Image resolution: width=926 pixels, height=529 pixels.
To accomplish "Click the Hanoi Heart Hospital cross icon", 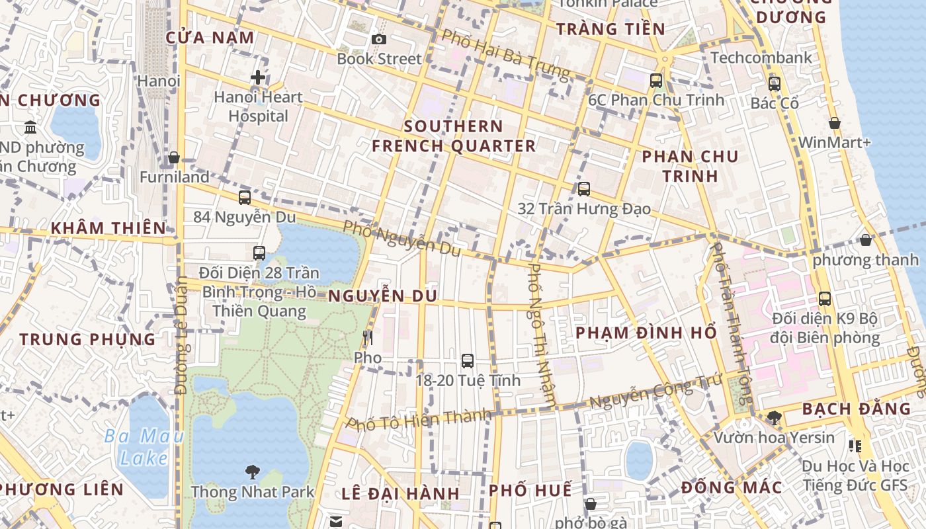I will click(x=258, y=78).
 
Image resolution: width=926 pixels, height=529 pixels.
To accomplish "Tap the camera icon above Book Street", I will click(x=379, y=40).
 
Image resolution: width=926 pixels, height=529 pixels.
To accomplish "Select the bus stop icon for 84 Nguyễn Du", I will click(x=245, y=197).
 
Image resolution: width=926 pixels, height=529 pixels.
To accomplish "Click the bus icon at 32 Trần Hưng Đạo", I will click(x=583, y=189).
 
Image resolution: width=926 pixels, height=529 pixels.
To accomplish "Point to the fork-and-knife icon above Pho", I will click(x=368, y=338).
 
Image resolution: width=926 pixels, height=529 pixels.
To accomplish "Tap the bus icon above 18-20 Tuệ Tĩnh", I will click(x=468, y=360).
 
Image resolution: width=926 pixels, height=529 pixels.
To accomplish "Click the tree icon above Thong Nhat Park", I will click(x=252, y=472).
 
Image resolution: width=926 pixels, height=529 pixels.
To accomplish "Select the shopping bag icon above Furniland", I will click(x=174, y=157).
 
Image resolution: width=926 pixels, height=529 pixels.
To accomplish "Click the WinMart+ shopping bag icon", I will click(x=835, y=123).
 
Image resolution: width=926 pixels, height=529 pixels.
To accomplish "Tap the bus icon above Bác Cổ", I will click(x=775, y=84).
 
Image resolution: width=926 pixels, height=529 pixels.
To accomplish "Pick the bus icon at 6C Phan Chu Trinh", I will click(x=656, y=81).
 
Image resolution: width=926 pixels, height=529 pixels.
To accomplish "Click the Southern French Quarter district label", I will click(x=454, y=136).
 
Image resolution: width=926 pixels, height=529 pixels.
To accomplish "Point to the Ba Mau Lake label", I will click(x=144, y=447).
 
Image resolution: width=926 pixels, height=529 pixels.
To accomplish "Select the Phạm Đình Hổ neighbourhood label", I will click(x=646, y=333).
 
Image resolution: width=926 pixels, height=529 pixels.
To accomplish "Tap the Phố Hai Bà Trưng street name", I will click(x=505, y=54).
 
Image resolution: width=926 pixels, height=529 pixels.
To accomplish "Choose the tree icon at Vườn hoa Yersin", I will click(x=774, y=418).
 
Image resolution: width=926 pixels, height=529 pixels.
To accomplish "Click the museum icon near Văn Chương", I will click(x=30, y=127).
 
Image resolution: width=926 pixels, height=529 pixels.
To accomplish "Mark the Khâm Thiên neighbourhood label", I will click(x=109, y=228).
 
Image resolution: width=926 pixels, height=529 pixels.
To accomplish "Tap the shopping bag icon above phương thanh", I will click(x=865, y=240).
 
